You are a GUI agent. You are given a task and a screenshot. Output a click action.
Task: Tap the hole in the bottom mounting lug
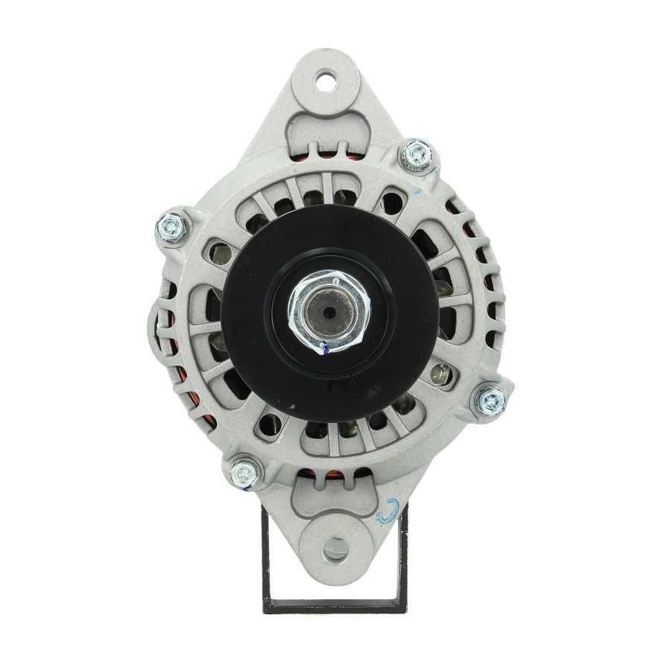pos(335,549)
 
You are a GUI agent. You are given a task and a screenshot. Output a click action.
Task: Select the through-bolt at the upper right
pos(418,154)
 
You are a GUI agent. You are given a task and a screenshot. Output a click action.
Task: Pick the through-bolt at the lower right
pos(492,401)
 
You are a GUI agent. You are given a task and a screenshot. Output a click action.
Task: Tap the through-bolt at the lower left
pos(244,470)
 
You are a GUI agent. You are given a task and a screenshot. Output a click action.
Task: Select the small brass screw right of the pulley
pos(441,374)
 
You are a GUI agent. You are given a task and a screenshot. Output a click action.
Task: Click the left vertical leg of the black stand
pos(267,555)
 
